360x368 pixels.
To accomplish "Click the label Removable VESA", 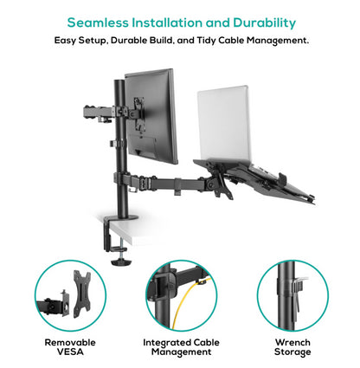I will [x=70, y=347].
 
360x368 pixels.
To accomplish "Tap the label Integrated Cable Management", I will [x=180, y=347].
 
